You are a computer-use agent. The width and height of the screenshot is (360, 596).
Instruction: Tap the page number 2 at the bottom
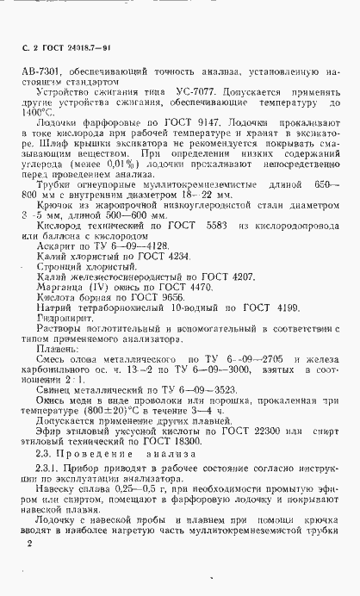[30, 544]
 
